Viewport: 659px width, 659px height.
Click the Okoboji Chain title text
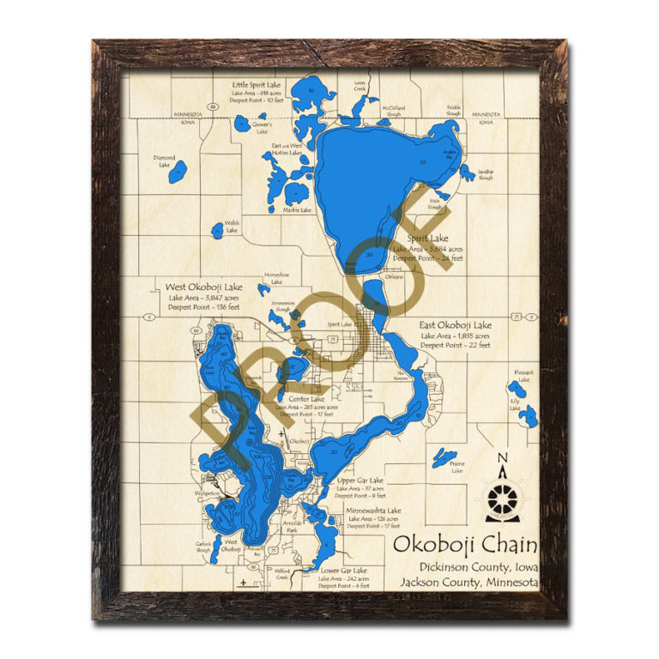click(x=465, y=545)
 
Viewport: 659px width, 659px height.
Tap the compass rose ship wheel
click(x=499, y=499)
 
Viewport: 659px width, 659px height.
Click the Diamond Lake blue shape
click(x=177, y=172)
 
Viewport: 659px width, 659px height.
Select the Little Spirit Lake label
click(x=257, y=85)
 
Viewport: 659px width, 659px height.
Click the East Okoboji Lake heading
click(x=455, y=325)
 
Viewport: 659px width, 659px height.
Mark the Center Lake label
click(x=305, y=399)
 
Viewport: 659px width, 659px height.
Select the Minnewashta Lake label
click(x=373, y=511)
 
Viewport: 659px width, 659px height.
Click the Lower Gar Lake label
click(x=342, y=571)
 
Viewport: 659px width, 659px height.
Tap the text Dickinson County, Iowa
click(x=479, y=566)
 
